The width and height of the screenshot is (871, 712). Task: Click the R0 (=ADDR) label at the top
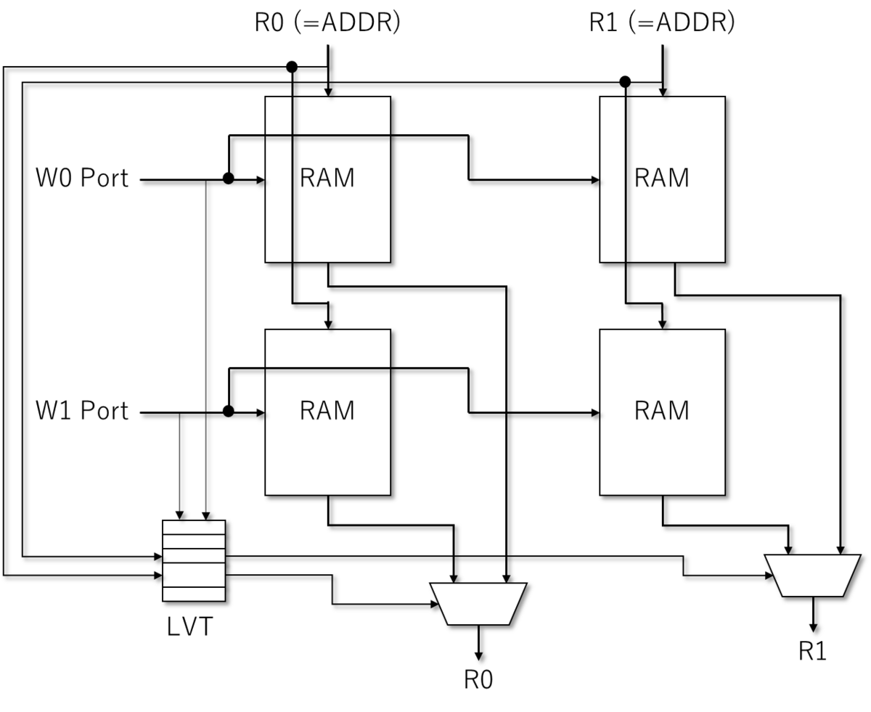pyautogui.click(x=327, y=22)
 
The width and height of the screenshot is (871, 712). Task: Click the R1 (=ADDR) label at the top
pyautogui.click(x=662, y=22)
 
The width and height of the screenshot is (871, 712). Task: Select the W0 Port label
pyautogui.click(x=82, y=178)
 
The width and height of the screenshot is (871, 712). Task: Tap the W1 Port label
pyautogui.click(x=82, y=411)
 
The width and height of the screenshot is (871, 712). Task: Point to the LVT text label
pyautogui.click(x=190, y=626)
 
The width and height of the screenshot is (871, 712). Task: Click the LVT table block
pyautogui.click(x=194, y=560)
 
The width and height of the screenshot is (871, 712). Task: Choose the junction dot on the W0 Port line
pyautogui.click(x=229, y=179)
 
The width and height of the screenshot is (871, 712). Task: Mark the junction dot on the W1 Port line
pyautogui.click(x=229, y=411)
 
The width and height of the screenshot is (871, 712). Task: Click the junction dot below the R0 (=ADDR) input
pyautogui.click(x=292, y=67)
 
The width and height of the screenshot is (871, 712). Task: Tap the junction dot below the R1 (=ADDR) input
pyautogui.click(x=625, y=82)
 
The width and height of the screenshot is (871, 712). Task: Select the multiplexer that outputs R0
pyautogui.click(x=478, y=604)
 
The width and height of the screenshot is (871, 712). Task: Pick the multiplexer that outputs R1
pyautogui.click(x=812, y=576)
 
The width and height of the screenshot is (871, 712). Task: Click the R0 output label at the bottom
pyautogui.click(x=478, y=679)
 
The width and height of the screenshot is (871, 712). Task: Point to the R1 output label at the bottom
pyautogui.click(x=812, y=651)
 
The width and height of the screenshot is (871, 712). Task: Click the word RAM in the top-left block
pyautogui.click(x=327, y=178)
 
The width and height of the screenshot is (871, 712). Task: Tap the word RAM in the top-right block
pyautogui.click(x=662, y=178)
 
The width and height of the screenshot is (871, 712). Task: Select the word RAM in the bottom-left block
pyautogui.click(x=327, y=411)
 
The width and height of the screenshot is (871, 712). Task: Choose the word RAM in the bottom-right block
pyautogui.click(x=662, y=411)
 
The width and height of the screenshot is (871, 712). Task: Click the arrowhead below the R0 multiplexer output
pyautogui.click(x=478, y=656)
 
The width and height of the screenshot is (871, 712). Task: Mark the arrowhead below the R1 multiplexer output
pyautogui.click(x=813, y=627)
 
